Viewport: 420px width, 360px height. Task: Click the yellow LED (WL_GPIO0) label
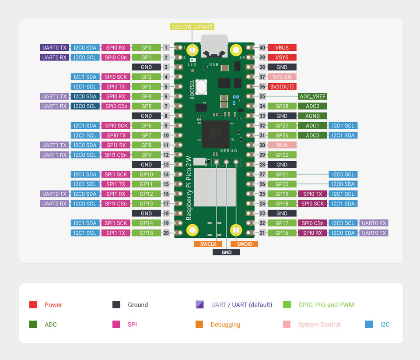(x=192, y=27)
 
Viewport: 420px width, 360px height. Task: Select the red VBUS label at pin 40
(x=282, y=47)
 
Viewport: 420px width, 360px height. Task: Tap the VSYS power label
(x=282, y=57)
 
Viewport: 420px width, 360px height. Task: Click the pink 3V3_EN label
(x=282, y=77)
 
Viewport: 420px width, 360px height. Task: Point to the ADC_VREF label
(x=312, y=96)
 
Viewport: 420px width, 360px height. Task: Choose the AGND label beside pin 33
(x=312, y=116)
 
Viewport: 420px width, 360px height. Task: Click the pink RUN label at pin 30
(x=282, y=145)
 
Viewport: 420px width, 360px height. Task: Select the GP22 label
(x=282, y=155)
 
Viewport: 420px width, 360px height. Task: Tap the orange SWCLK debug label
(x=208, y=244)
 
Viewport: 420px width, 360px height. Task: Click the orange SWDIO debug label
(x=244, y=244)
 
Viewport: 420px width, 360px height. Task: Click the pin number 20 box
(x=166, y=233)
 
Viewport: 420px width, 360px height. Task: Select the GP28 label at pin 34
(x=282, y=106)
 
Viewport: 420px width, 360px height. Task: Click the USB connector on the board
(x=214, y=46)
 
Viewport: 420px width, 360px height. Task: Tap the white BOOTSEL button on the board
(x=201, y=87)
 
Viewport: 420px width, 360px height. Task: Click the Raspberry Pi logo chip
(x=215, y=134)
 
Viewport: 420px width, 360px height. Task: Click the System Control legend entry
(x=319, y=325)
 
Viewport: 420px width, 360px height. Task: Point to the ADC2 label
(x=312, y=106)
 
